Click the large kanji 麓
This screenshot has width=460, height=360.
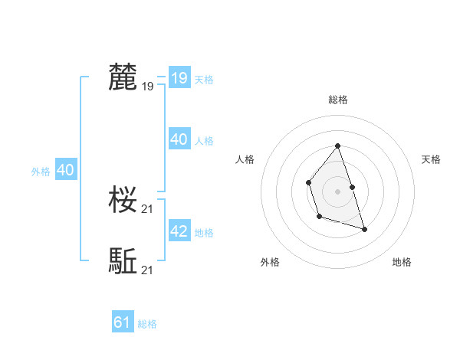[123, 78]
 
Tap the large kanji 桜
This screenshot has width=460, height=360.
[123, 201]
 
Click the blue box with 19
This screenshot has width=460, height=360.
[179, 78]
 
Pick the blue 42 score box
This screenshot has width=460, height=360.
[179, 231]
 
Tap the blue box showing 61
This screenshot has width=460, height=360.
[123, 322]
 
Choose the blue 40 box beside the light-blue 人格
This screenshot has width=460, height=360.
[179, 139]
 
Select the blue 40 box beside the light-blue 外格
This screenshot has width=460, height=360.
[66, 170]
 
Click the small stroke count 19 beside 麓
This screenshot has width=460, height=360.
[148, 87]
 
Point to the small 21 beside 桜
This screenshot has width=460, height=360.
[148, 208]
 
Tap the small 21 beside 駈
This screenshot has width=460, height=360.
[148, 270]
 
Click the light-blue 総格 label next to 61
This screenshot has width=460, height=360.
[147, 324]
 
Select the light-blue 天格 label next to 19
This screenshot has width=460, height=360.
[204, 80]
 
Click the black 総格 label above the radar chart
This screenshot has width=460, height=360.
[338, 100]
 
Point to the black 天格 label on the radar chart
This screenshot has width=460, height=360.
[431, 159]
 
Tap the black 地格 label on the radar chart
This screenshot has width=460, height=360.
[402, 262]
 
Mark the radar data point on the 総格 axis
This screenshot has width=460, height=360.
[338, 146]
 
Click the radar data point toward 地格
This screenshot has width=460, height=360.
[364, 229]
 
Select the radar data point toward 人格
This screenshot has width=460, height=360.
[308, 182]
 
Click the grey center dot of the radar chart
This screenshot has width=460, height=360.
[338, 191]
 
